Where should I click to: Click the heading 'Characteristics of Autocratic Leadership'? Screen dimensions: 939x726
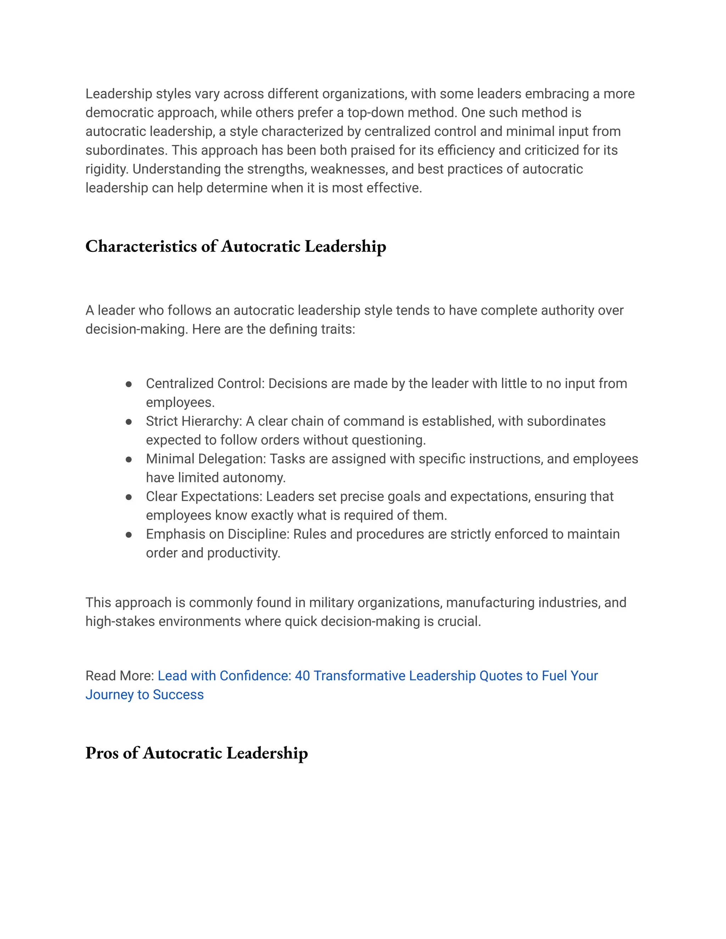[x=236, y=246]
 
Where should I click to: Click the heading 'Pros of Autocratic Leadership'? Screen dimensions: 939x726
[x=196, y=753]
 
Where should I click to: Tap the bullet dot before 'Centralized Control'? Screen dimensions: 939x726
[x=129, y=384]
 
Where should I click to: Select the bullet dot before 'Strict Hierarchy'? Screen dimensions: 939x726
[x=129, y=422]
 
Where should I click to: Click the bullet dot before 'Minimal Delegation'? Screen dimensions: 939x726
[x=129, y=460]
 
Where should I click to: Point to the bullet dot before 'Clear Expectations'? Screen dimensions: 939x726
[x=129, y=497]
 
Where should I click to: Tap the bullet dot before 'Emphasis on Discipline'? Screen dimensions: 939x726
[x=129, y=535]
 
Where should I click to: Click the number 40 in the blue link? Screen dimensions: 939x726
[x=302, y=675]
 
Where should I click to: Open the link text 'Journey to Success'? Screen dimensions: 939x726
[x=145, y=695]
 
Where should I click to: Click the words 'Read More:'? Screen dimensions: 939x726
[x=119, y=675]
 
